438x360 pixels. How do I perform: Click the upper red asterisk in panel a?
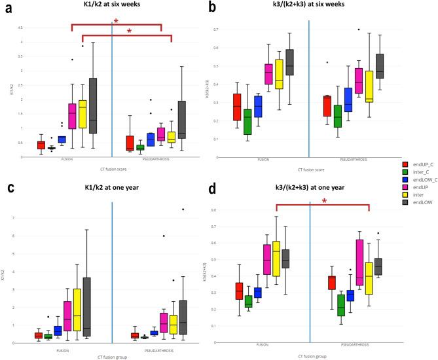(x=116, y=22)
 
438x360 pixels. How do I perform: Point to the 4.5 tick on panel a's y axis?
(x=20, y=28)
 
